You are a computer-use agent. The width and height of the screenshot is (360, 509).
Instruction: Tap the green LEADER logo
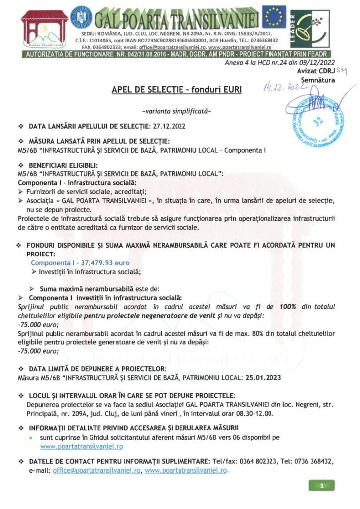pos(310,28)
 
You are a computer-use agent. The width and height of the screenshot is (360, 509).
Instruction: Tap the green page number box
pos(322,485)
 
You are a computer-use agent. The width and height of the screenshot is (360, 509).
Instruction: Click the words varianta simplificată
pos(176,111)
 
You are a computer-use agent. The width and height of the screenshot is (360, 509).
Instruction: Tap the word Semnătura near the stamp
pos(317,79)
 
